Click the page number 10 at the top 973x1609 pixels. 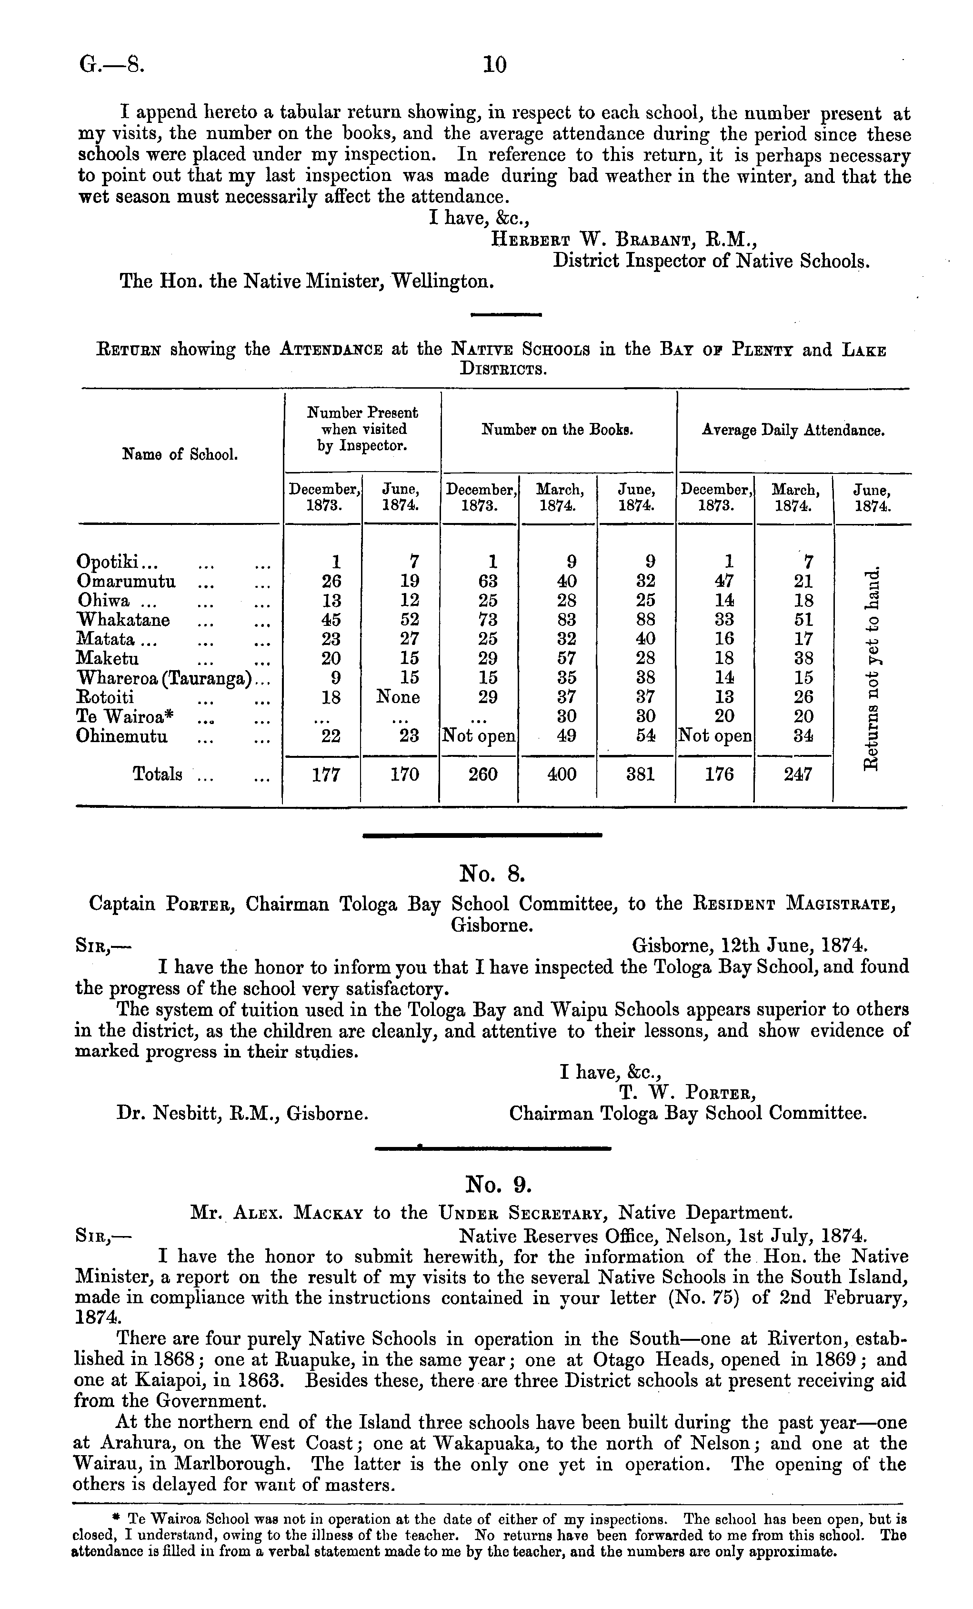click(x=494, y=65)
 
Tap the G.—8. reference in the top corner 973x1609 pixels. click(x=110, y=65)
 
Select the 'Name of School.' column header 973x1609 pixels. click(x=180, y=454)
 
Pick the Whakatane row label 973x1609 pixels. click(x=123, y=619)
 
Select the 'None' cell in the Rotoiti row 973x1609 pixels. click(x=398, y=697)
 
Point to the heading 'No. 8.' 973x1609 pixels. click(x=492, y=873)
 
